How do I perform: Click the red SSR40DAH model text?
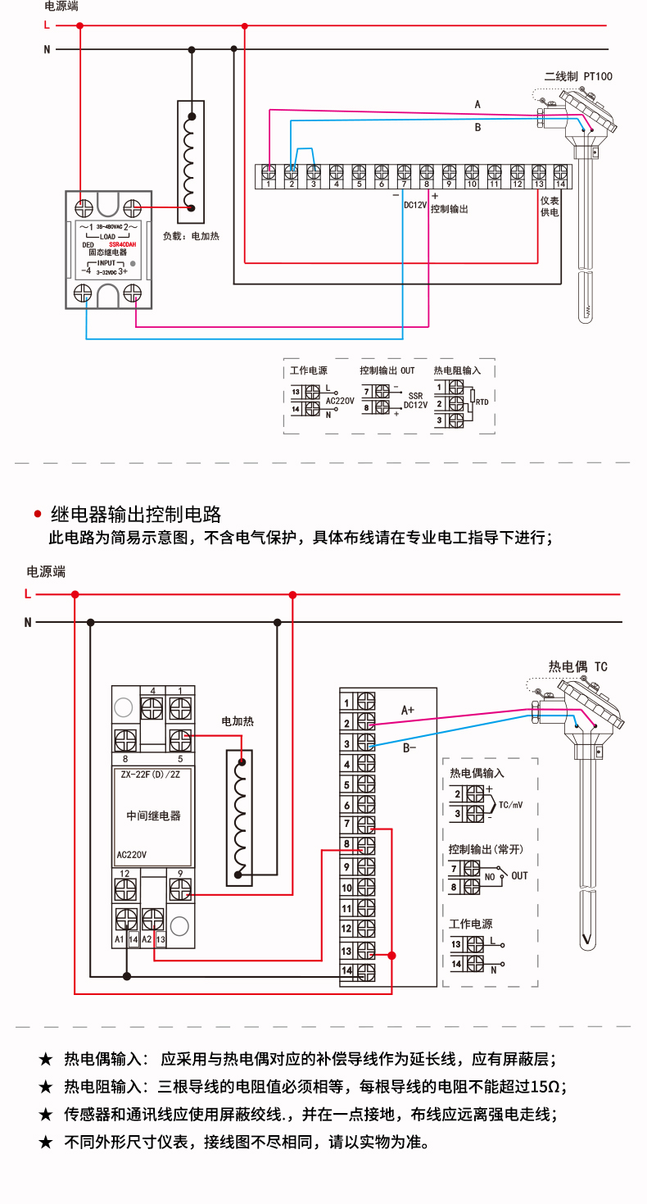point(122,244)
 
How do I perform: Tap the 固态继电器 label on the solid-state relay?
point(108,253)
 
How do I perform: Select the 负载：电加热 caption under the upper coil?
point(191,236)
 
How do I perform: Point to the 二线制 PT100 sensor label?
point(578,76)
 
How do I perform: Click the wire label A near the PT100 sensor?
point(477,104)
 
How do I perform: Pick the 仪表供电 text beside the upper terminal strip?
point(549,207)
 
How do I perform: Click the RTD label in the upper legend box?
point(482,402)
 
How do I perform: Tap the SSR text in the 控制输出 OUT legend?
point(415,395)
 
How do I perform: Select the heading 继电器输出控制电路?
point(136,515)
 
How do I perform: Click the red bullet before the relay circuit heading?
point(37,515)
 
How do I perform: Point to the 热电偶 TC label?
point(578,666)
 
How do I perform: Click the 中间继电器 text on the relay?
point(153,816)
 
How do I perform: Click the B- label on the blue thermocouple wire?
point(409,747)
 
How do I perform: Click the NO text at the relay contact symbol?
point(490,876)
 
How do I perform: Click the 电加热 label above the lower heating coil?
point(238,721)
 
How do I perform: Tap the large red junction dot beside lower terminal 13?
point(392,956)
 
